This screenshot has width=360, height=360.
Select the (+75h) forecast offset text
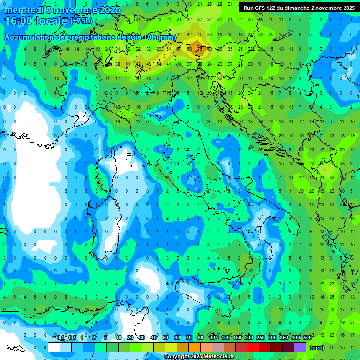click(81, 21)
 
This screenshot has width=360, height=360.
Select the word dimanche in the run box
click(297, 8)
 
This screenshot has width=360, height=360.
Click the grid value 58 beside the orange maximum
click(190, 49)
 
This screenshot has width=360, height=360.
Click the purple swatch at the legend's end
click(300, 347)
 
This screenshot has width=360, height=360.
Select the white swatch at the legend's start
click(54, 347)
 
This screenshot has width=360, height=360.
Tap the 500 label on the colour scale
click(307, 338)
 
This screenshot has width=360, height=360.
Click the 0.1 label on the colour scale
click(60, 338)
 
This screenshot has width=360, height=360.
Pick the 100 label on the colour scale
click(225, 338)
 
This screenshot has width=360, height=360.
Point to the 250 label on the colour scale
click(260, 338)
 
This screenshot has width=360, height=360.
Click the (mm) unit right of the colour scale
click(317, 348)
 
